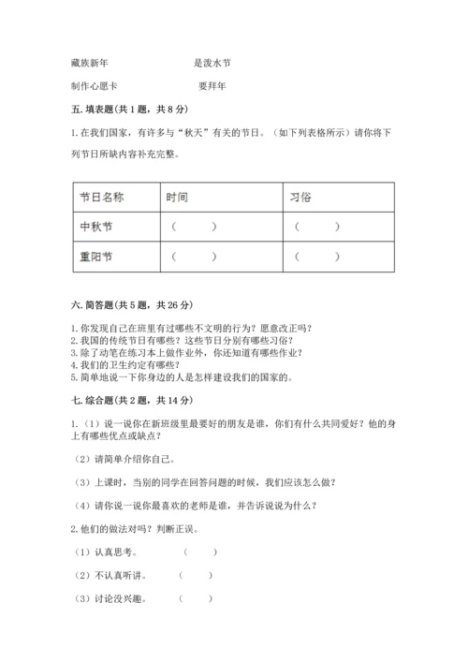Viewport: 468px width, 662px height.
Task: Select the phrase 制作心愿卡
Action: coord(94,85)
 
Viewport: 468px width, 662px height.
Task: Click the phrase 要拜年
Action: coord(212,85)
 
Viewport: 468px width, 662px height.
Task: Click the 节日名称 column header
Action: coord(102,198)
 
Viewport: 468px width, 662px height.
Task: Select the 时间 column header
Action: coord(177,198)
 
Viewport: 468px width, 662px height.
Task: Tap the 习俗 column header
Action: coord(300,198)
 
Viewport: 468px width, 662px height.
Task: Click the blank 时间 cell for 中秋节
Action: coord(194,227)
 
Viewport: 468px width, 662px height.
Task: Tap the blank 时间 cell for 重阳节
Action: coord(194,256)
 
